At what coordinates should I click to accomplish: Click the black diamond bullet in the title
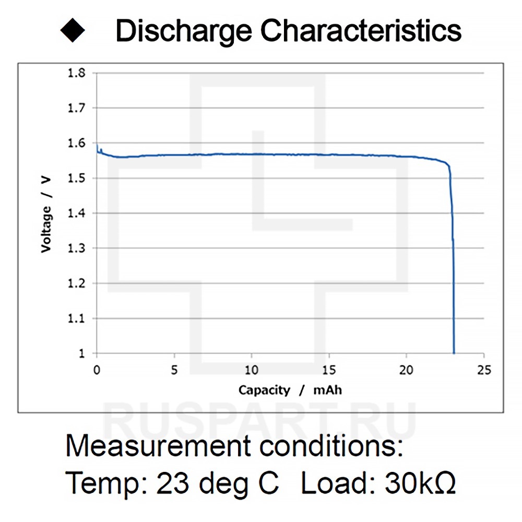pyautogui.click(x=73, y=31)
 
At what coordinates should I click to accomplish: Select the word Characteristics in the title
pyautogui.click(x=361, y=31)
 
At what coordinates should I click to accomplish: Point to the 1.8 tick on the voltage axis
pyautogui.click(x=77, y=73)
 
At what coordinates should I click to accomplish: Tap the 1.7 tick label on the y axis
pyautogui.click(x=77, y=108)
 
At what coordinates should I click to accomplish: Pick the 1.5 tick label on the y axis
pyautogui.click(x=77, y=179)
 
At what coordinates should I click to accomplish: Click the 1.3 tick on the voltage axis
pyautogui.click(x=77, y=248)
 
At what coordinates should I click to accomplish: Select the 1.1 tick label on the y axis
pyautogui.click(x=77, y=318)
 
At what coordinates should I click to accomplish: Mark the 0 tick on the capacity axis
pyautogui.click(x=97, y=370)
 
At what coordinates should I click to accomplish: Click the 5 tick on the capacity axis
pyautogui.click(x=174, y=370)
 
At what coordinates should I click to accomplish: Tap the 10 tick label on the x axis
pyautogui.click(x=252, y=370)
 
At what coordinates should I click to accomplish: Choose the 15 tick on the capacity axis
pyautogui.click(x=329, y=370)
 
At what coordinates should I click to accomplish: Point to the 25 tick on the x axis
pyautogui.click(x=484, y=370)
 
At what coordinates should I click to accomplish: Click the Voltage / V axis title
pyautogui.click(x=46, y=214)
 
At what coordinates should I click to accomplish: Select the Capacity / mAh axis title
pyautogui.click(x=290, y=390)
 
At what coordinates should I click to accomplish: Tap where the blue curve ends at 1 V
pyautogui.click(x=454, y=353)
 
